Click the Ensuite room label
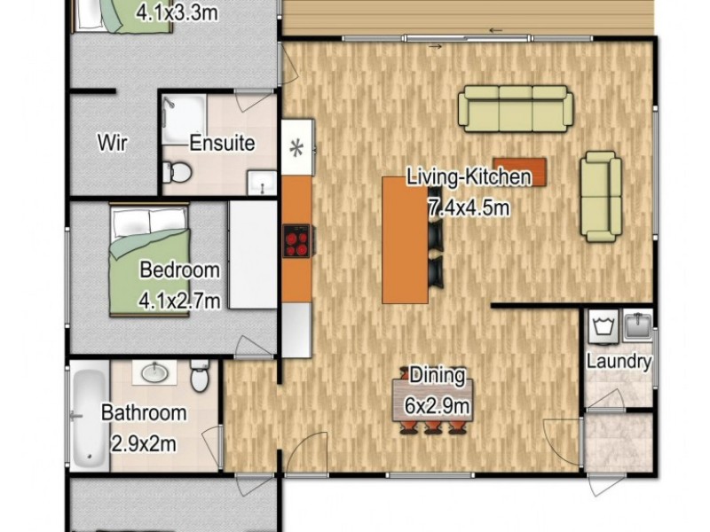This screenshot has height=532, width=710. pyautogui.click(x=222, y=143)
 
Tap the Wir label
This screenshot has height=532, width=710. pyautogui.click(x=113, y=143)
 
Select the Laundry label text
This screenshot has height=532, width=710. pyautogui.click(x=619, y=362)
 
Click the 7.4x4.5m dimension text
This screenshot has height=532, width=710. pyautogui.click(x=469, y=208)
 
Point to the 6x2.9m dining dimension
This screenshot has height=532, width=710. pyautogui.click(x=437, y=406)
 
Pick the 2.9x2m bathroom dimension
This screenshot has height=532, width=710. pyautogui.click(x=144, y=444)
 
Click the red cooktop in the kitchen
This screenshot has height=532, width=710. pyautogui.click(x=296, y=240)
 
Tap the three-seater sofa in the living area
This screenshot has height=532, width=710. pyautogui.click(x=516, y=109)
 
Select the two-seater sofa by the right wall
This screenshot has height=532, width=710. pyautogui.click(x=601, y=196)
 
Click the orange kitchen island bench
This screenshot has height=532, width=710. pyautogui.click(x=406, y=239)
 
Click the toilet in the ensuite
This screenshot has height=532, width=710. pyautogui.click(x=177, y=172)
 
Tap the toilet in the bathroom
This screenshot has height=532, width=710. pyautogui.click(x=199, y=375)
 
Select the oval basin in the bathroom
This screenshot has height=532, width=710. pyautogui.click(x=154, y=373)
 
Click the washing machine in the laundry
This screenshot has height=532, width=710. pyautogui.click(x=603, y=325)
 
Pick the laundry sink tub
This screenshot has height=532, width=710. pyautogui.click(x=637, y=325)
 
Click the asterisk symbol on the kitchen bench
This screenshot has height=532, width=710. pyautogui.click(x=296, y=148)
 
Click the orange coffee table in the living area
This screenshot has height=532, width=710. pyautogui.click(x=520, y=172)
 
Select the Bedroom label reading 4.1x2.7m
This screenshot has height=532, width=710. pyautogui.click(x=179, y=285)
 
